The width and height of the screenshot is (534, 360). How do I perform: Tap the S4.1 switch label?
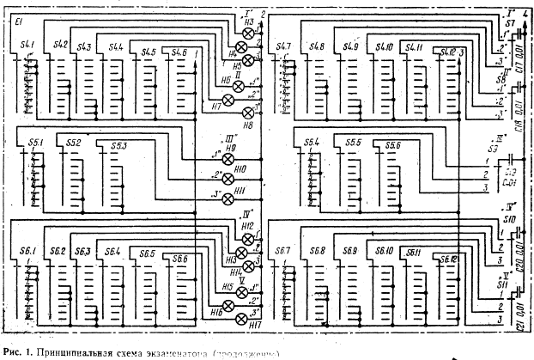click(28, 45)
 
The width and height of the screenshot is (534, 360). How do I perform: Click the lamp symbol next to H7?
click(228, 101)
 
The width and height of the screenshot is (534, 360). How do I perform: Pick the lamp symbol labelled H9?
click(228, 160)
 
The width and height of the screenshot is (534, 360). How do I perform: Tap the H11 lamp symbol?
click(228, 199)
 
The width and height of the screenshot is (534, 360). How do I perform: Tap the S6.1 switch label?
click(28, 250)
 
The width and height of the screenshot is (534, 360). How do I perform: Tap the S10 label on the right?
click(509, 218)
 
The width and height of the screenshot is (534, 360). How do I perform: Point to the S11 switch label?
click(509, 277)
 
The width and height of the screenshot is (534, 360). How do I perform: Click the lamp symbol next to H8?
click(250, 113)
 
